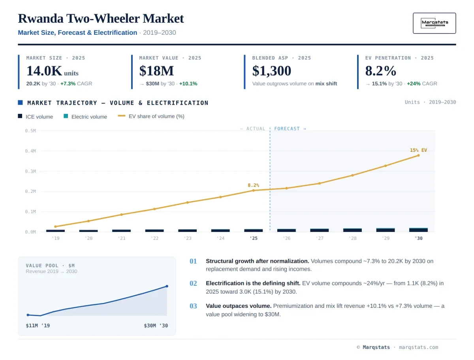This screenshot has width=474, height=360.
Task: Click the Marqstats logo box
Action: [x=434, y=23]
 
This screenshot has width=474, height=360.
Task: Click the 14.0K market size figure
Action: [x=44, y=71]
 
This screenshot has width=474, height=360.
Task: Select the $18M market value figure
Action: [x=156, y=71]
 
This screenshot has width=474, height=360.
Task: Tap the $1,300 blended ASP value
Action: [x=271, y=71]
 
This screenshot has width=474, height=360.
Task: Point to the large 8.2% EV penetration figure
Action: [x=380, y=71]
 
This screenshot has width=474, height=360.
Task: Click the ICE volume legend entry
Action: [x=36, y=117]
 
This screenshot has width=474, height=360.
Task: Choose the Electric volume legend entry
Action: [x=85, y=117]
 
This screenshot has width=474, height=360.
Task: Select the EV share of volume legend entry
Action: [x=151, y=117]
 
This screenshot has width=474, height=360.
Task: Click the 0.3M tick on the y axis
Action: [x=30, y=171]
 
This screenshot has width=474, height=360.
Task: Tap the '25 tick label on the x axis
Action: [x=254, y=238]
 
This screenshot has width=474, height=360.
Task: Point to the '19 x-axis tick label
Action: [x=56, y=238]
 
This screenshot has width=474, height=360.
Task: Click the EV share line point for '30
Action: [x=418, y=155]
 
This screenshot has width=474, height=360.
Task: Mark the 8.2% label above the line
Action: [x=253, y=185]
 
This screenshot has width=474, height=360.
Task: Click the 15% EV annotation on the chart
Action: [x=418, y=150]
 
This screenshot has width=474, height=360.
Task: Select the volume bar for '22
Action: [x=154, y=230]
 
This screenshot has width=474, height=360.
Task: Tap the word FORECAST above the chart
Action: [x=287, y=129]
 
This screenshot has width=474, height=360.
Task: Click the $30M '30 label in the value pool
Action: [x=156, y=326]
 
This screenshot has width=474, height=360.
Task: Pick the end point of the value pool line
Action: [x=167, y=286]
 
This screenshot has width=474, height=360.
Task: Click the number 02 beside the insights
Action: [x=193, y=283]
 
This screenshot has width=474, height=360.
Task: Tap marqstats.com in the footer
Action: [x=418, y=347]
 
